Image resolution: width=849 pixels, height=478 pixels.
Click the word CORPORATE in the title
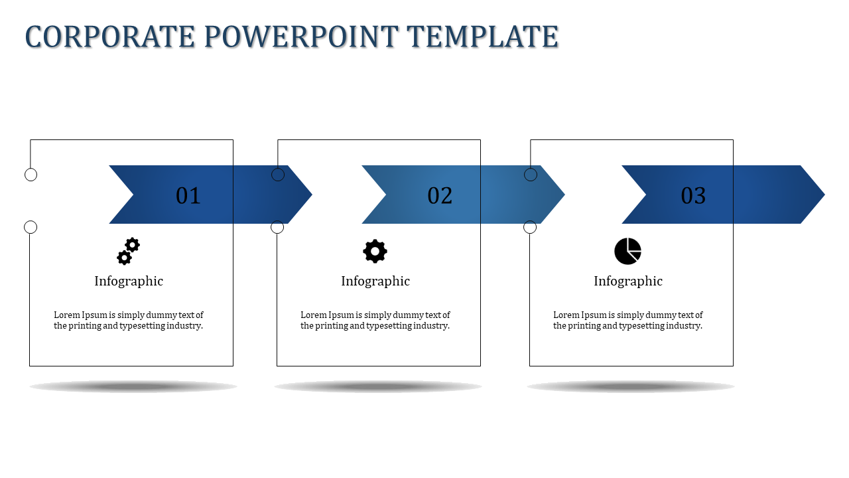pos(110,37)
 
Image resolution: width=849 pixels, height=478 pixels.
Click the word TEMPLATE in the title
pos(482,37)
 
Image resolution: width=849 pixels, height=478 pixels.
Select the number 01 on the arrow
pos(188,195)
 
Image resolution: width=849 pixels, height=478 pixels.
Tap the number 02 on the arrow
pos(440,195)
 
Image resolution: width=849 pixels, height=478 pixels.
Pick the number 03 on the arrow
pos(693,195)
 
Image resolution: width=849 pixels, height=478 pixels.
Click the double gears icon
pos(128,251)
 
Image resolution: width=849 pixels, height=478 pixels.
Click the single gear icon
pos(375,251)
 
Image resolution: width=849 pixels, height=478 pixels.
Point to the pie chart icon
pos(627,251)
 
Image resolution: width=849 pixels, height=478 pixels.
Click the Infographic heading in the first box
pos(129,281)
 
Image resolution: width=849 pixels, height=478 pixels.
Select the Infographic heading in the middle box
pos(375,281)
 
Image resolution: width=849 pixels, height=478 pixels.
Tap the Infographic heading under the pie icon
pos(628,281)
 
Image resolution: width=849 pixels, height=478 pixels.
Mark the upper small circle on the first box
pos(31,175)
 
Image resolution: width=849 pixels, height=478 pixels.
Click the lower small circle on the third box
pos(530,227)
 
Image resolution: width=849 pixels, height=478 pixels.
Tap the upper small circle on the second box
pos(278,175)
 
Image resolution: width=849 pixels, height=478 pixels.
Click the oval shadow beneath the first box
pos(133,386)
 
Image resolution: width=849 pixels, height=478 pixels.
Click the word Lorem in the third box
pos(566,315)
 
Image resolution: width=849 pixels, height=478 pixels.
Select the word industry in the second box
pos(430,326)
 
